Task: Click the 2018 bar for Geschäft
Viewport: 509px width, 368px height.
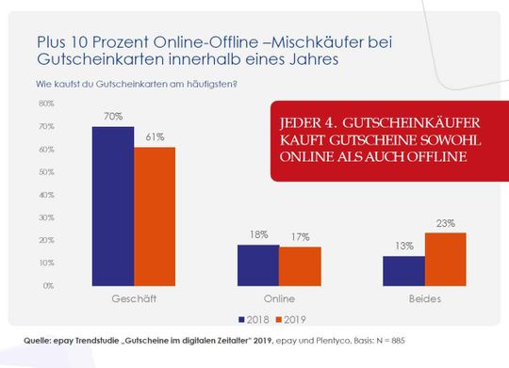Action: click(112, 205)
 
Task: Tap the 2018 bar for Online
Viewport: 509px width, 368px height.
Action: click(257, 264)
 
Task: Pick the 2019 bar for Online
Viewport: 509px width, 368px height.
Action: click(300, 265)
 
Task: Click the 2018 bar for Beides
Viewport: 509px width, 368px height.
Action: click(402, 270)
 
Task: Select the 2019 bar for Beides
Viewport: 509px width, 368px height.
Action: click(445, 259)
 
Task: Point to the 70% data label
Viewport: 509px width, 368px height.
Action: click(112, 118)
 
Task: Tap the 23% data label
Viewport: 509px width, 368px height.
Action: click(445, 224)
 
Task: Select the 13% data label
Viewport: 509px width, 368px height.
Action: click(402, 247)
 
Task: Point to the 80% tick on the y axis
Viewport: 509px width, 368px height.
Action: click(46, 103)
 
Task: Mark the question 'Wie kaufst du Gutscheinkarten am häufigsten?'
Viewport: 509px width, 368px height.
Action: click(136, 86)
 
